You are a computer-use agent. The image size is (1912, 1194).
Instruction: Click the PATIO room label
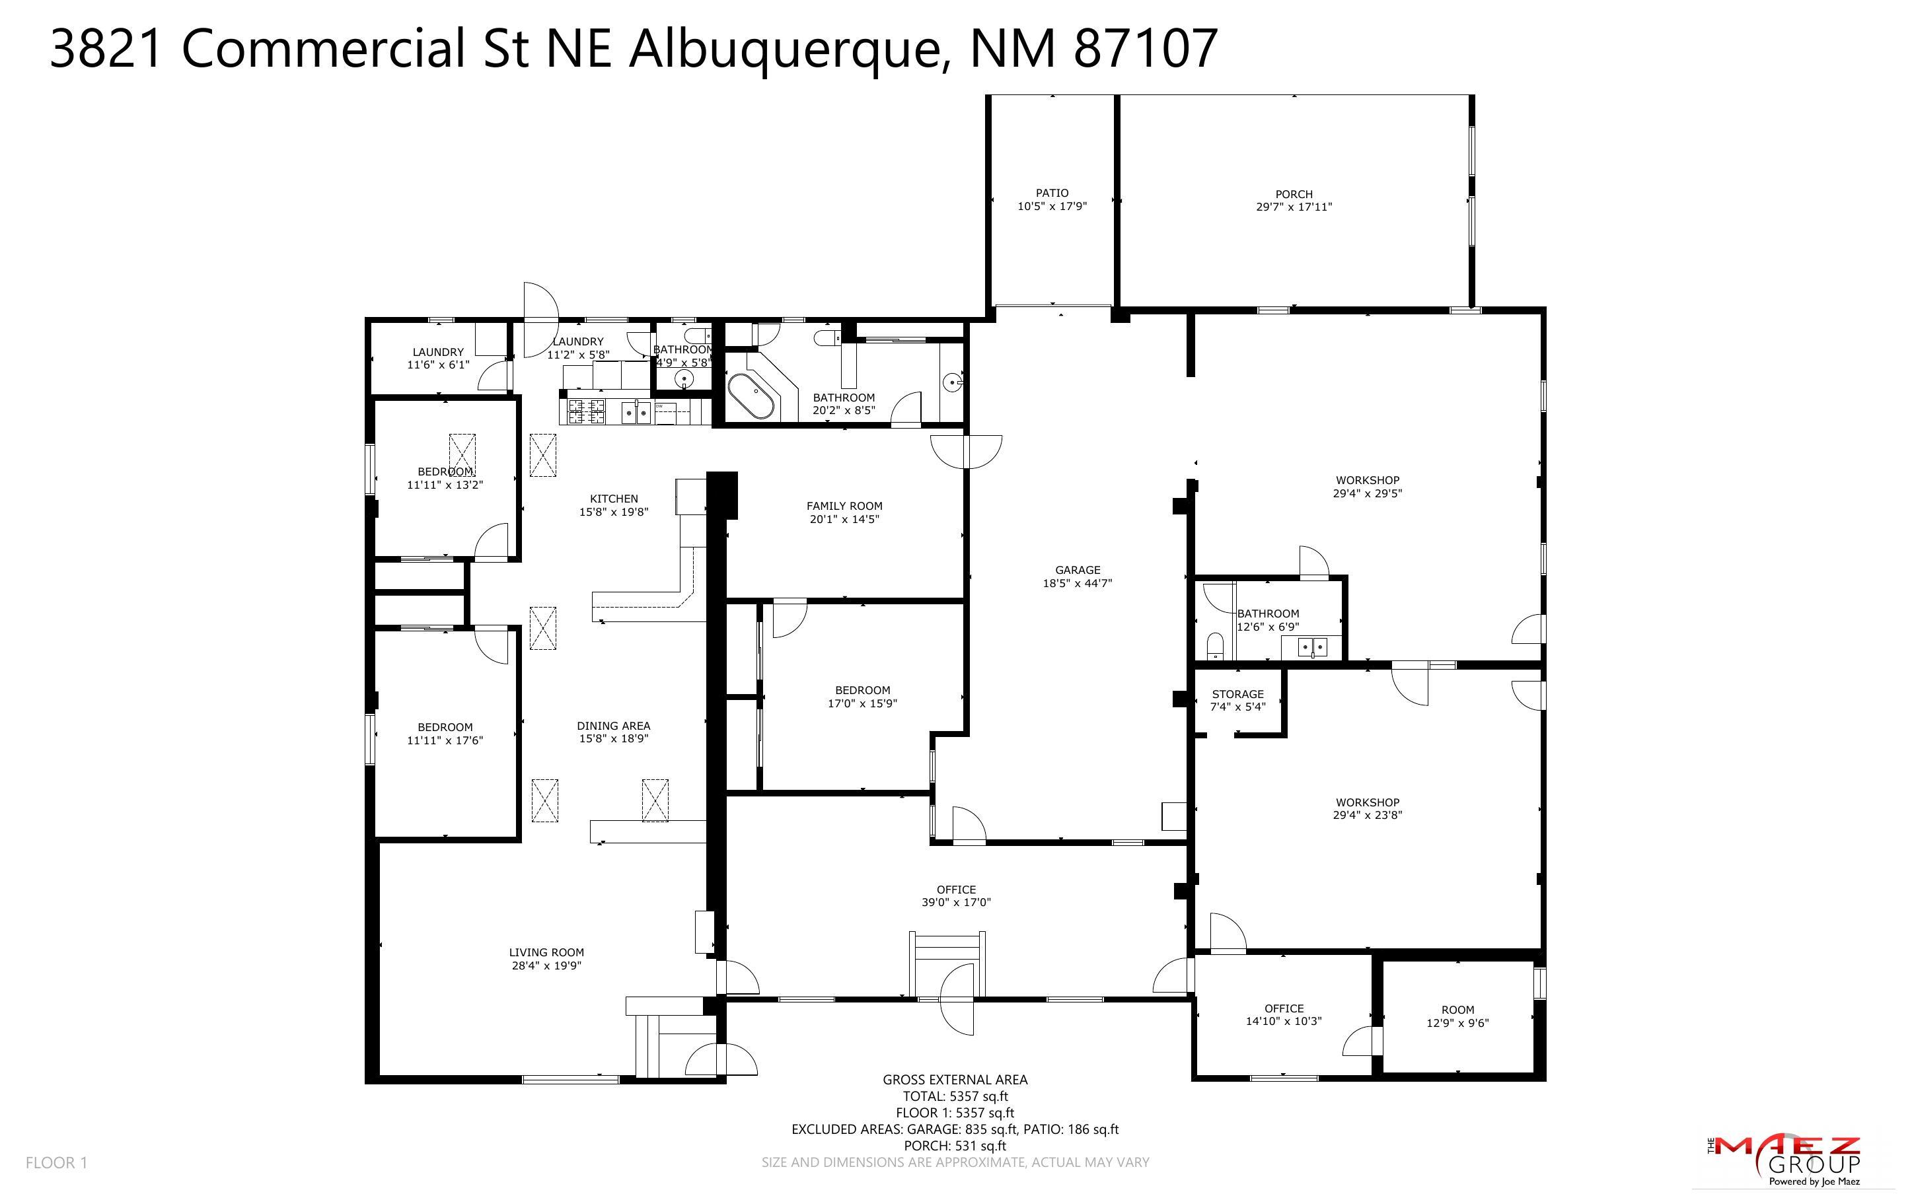click(1052, 193)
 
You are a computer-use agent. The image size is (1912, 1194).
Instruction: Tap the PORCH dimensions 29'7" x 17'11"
click(1294, 207)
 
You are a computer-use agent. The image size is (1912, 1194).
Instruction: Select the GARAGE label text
click(1077, 570)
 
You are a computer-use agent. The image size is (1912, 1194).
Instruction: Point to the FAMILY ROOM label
click(844, 506)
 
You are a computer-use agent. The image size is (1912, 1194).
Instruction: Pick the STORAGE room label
click(1237, 694)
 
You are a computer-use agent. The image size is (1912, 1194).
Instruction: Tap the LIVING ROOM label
click(546, 952)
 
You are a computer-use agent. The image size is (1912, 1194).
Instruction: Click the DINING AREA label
click(614, 726)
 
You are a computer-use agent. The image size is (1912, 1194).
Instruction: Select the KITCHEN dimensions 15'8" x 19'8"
click(614, 512)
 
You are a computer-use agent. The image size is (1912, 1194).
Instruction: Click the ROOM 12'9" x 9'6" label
click(1457, 1016)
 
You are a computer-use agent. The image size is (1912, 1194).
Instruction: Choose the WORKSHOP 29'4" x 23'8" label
click(1367, 808)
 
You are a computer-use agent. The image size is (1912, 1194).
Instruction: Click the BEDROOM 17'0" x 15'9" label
click(862, 697)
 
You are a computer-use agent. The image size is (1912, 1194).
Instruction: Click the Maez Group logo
click(1783, 1160)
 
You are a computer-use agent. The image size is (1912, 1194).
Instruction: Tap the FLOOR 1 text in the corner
click(56, 1162)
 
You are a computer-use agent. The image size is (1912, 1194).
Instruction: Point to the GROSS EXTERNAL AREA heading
click(955, 1080)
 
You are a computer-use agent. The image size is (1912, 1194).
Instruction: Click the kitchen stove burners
click(586, 411)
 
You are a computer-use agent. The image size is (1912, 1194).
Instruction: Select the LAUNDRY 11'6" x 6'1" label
click(437, 359)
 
